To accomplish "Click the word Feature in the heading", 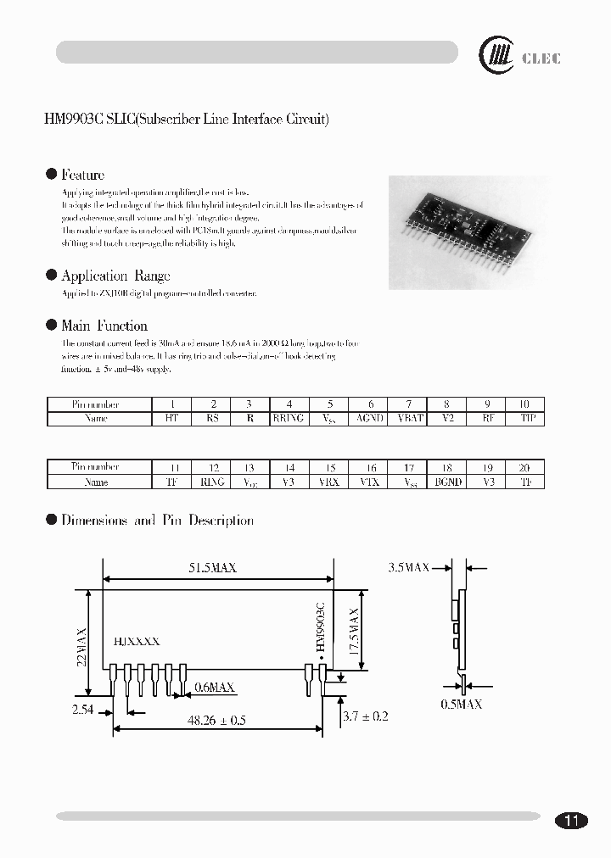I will point(82,175).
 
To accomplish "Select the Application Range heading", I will point(115,276).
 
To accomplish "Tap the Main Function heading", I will point(104,326).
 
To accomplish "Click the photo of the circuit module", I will point(468,231).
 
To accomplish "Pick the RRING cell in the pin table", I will point(289,418).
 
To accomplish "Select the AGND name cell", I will point(369,418).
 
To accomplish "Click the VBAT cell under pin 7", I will point(409,418).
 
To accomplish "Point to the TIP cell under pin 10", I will point(525,418).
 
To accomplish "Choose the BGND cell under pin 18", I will point(447,482).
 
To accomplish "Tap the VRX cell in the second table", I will point(329,482).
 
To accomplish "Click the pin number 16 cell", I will point(370,467).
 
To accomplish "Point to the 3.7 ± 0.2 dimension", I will point(365,716).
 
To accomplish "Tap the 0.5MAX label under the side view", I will point(462,704).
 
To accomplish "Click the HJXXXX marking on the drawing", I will point(136,643).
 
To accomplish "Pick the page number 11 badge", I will point(571,820).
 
